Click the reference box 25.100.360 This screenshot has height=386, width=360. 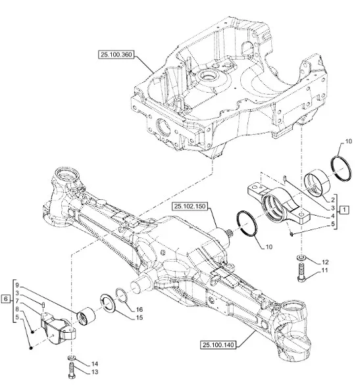(116, 55)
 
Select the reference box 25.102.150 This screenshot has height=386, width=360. (190, 206)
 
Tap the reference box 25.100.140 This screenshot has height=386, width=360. (218, 345)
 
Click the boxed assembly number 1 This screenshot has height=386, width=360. (344, 210)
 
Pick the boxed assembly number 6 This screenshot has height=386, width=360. (6, 299)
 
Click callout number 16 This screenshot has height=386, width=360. (140, 310)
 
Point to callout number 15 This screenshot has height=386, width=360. (140, 318)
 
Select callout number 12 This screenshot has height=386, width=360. (325, 262)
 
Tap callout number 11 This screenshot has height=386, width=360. (324, 270)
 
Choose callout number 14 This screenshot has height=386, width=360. (95, 364)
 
